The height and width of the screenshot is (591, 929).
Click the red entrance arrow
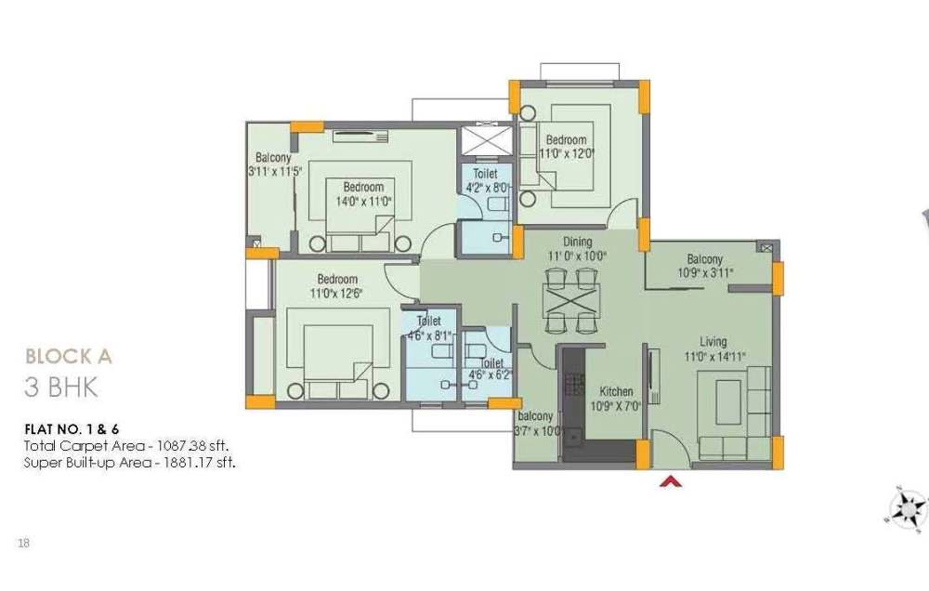tap(671, 481)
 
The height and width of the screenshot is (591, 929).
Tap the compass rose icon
tap(908, 508)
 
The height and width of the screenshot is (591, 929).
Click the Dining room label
tap(577, 242)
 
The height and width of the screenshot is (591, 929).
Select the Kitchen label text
tap(616, 392)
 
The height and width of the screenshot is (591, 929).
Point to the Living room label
tap(713, 342)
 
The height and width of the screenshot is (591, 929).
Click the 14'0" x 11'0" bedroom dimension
tap(364, 202)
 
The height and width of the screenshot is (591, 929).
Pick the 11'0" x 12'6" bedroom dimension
tap(336, 293)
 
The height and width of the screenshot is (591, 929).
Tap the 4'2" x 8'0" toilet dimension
tap(487, 189)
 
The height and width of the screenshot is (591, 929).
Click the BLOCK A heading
tap(69, 356)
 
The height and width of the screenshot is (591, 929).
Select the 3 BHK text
tap(60, 387)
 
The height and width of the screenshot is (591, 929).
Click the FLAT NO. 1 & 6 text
tap(72, 429)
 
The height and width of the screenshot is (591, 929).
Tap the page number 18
tap(24, 543)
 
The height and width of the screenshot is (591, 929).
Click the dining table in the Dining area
tap(570, 300)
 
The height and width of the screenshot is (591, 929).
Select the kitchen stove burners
tap(573, 384)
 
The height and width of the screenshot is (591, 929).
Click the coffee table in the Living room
tap(727, 401)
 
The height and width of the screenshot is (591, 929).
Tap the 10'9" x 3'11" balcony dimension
tap(706, 272)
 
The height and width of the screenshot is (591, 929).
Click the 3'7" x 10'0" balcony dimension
tap(539, 431)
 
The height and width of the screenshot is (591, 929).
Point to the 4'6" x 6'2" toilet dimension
tap(490, 375)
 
